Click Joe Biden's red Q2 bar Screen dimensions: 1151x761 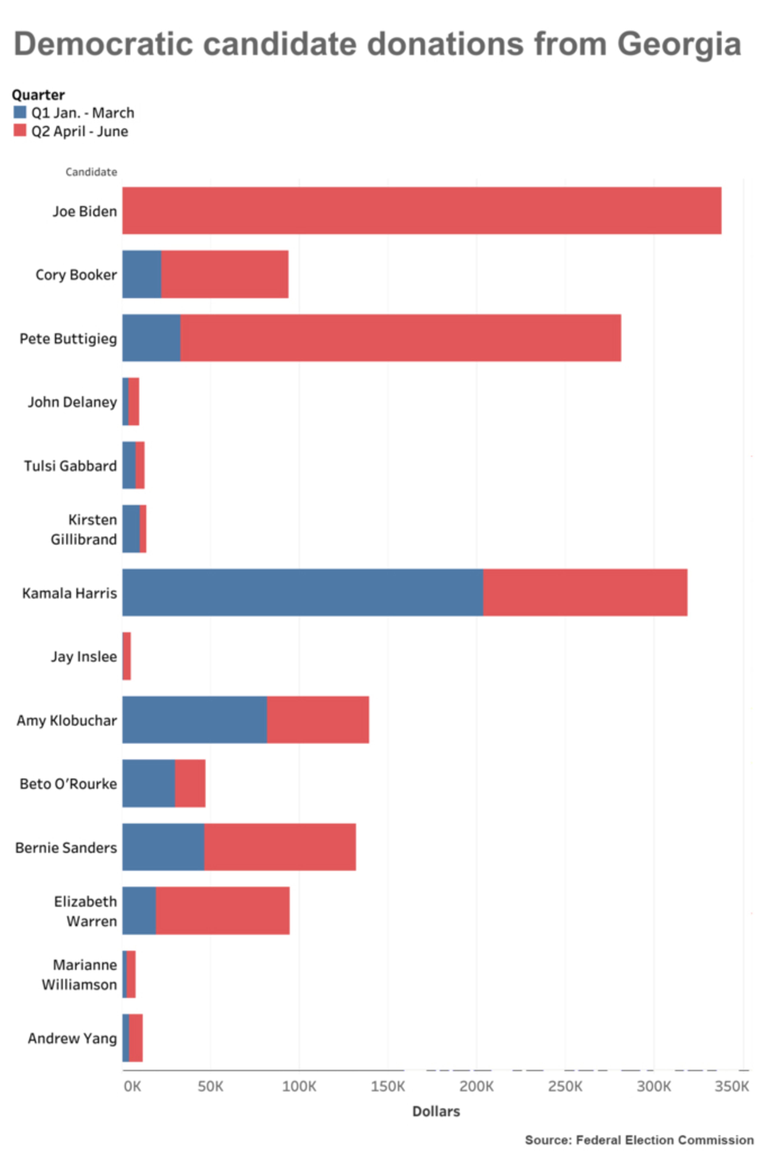(x=421, y=211)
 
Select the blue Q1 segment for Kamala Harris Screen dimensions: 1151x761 (x=302, y=593)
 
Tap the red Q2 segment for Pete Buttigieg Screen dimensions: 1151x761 (x=400, y=338)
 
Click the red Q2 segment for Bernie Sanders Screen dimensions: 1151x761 (x=280, y=847)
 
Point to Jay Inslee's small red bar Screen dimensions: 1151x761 (x=127, y=656)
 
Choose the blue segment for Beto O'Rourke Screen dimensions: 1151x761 (x=148, y=783)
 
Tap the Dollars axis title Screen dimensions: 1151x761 (x=436, y=1111)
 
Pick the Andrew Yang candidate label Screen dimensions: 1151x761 (x=72, y=1038)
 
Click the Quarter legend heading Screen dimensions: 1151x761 (x=38, y=95)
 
